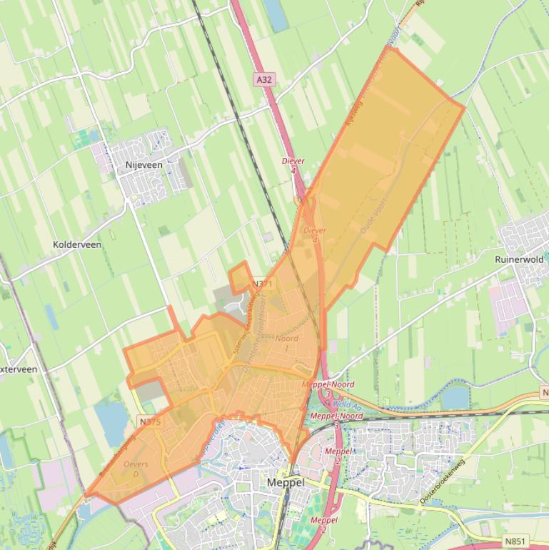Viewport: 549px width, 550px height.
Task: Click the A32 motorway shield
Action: click(264, 80)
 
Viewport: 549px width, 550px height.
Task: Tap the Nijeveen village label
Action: click(144, 164)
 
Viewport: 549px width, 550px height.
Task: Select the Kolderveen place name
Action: click(77, 244)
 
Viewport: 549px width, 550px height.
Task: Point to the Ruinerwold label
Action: click(519, 259)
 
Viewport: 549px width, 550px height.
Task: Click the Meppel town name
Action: click(285, 482)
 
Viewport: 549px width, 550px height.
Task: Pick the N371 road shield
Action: click(263, 284)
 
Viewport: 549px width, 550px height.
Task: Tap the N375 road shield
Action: click(151, 422)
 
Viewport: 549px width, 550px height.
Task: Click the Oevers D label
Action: click(136, 469)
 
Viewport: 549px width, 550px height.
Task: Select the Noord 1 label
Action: click(286, 343)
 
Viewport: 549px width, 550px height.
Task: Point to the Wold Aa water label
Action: click(348, 404)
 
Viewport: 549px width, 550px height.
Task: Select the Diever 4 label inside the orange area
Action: click(315, 234)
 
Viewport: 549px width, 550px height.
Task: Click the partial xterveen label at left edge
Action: click(19, 369)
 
